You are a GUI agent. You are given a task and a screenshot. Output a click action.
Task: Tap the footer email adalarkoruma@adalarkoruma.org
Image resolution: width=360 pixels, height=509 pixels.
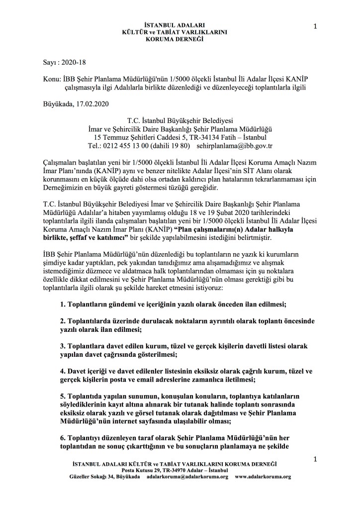click(x=188, y=490)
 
